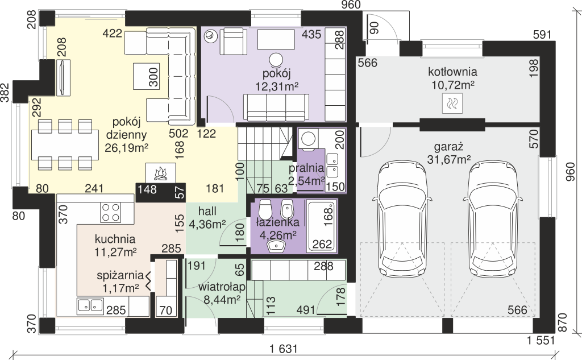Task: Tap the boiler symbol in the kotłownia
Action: point(452,103)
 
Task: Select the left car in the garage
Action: point(402,219)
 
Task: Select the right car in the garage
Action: point(493,219)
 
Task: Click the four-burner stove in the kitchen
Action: point(111,213)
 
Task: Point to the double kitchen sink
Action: point(90,305)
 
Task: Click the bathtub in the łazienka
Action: point(321,226)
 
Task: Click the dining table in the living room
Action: point(65,144)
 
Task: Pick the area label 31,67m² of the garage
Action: point(449,160)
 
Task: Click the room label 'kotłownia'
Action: point(452,71)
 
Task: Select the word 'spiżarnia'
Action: point(120,276)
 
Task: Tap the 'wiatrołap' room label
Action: point(222,287)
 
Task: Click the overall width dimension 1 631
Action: point(284,349)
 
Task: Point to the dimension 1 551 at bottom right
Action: point(541,340)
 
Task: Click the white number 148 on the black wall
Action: point(147,189)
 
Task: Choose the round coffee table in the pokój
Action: point(276,60)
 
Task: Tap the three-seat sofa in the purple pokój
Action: point(276,107)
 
